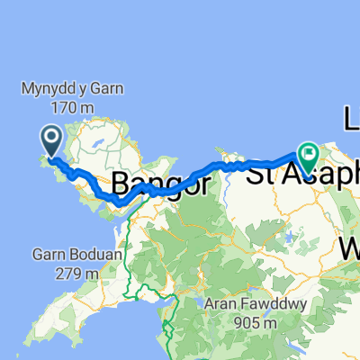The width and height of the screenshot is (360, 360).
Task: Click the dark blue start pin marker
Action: tap(50, 140)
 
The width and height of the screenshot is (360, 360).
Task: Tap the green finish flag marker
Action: tap(308, 158)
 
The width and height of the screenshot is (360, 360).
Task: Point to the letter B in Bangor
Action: tap(121, 184)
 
